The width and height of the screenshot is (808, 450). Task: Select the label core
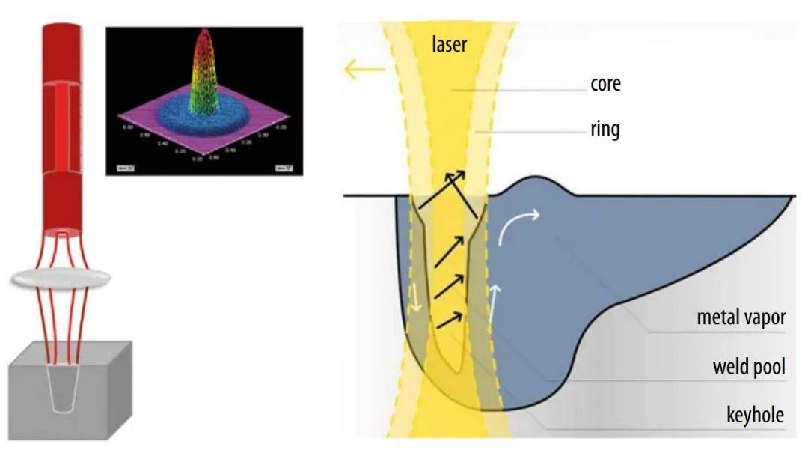[605, 84]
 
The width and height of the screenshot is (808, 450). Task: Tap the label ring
[605, 129]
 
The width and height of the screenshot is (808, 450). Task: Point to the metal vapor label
[741, 317]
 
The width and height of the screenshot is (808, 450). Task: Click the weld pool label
[748, 367]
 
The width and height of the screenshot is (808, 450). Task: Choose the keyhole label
[755, 414]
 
